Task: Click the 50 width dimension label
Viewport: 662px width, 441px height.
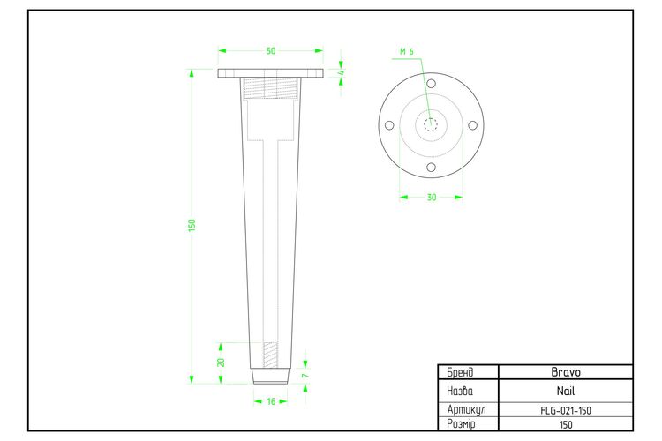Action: pos(271,50)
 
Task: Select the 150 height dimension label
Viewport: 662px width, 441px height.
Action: pos(192,225)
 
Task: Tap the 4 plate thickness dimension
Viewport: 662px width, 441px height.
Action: pos(342,72)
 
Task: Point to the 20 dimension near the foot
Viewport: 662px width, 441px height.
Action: pos(221,363)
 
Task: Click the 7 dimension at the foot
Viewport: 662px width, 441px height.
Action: pos(305,375)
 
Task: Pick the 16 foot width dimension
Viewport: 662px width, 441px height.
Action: pos(271,401)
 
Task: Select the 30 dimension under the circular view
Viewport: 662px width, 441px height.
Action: pos(431,197)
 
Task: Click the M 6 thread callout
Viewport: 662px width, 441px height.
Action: pos(407,51)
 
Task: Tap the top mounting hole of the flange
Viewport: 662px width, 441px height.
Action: pos(431,84)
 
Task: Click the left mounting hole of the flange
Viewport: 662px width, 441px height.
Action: pos(389,125)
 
